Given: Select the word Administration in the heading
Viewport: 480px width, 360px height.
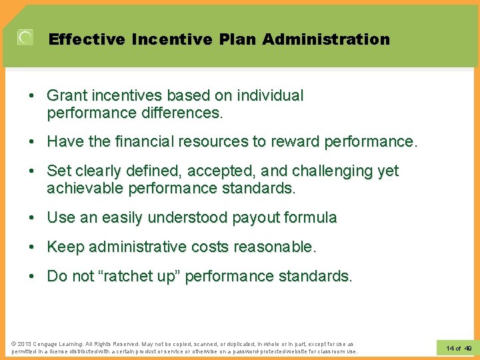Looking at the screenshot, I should pos(326,39).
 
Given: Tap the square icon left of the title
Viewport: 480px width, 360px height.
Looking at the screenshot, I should pos(25,38).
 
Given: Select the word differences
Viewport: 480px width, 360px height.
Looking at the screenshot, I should pos(181,113).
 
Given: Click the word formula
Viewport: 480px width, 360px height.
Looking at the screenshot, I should pos(312,218).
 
